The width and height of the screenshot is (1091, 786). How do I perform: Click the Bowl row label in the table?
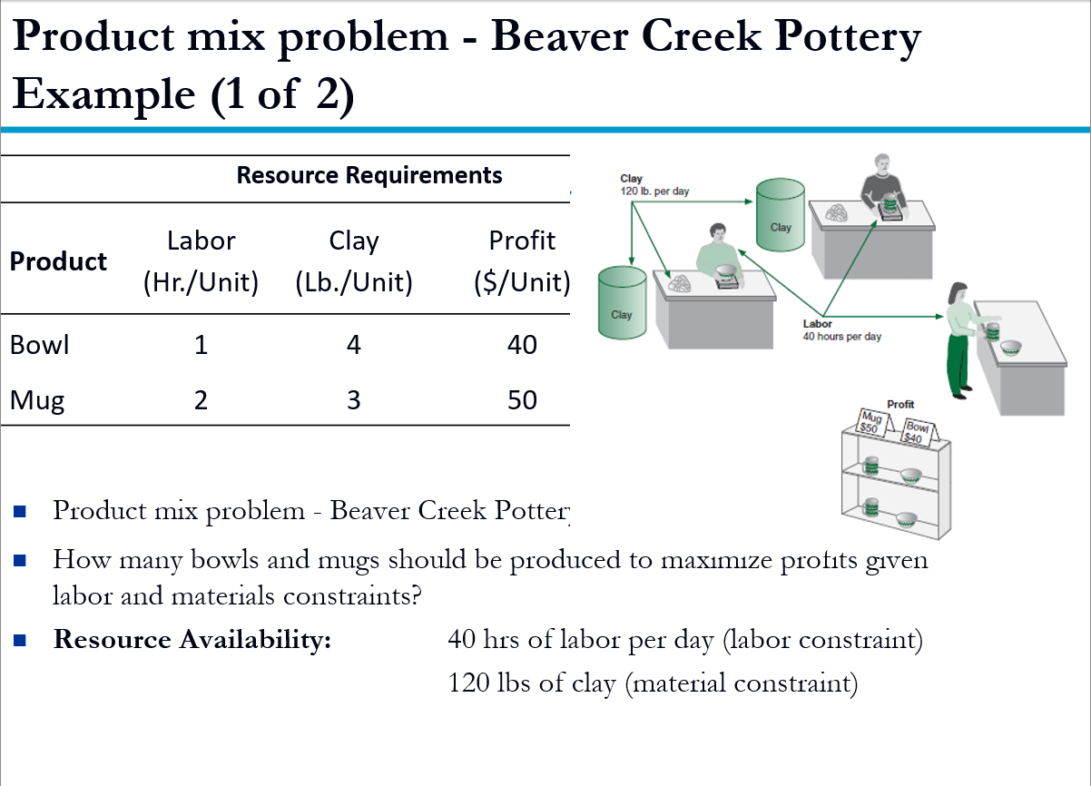[39, 346]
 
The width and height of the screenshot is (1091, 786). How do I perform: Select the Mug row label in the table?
[37, 400]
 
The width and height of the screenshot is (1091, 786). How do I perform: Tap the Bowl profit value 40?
[522, 346]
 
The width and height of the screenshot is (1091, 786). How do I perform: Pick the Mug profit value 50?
[522, 400]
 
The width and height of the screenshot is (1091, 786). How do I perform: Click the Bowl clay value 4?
[354, 346]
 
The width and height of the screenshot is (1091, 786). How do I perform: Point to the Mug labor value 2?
[201, 400]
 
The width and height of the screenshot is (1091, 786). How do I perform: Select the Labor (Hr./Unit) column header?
[201, 261]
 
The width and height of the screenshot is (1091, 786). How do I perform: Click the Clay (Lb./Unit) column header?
[354, 261]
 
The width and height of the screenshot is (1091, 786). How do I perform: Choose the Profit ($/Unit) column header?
[522, 261]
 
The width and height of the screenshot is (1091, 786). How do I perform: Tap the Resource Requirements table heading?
[369, 175]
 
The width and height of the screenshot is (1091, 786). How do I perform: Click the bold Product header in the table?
[58, 261]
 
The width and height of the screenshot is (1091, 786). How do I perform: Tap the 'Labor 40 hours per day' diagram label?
[841, 330]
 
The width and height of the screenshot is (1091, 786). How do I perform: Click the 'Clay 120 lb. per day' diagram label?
[654, 184]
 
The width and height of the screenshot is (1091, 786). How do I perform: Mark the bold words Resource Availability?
[192, 640]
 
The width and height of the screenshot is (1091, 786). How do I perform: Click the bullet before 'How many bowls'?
[21, 560]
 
